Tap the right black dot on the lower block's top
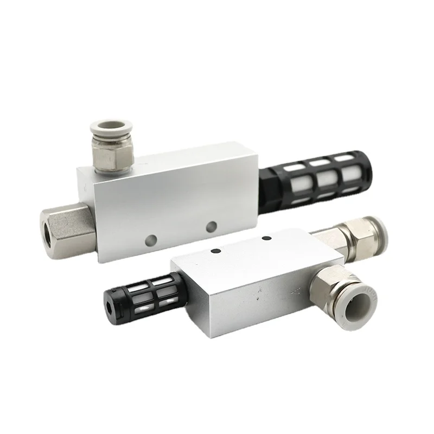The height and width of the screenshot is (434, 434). tap(266, 238)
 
